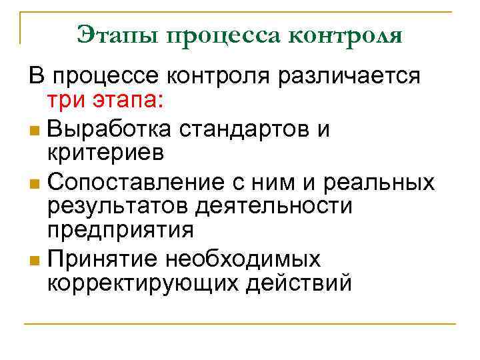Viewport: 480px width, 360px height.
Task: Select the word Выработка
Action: click(113, 128)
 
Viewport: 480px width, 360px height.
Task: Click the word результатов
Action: click(118, 207)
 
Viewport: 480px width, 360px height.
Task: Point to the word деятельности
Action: click(274, 207)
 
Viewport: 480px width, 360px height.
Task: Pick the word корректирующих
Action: click(145, 283)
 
